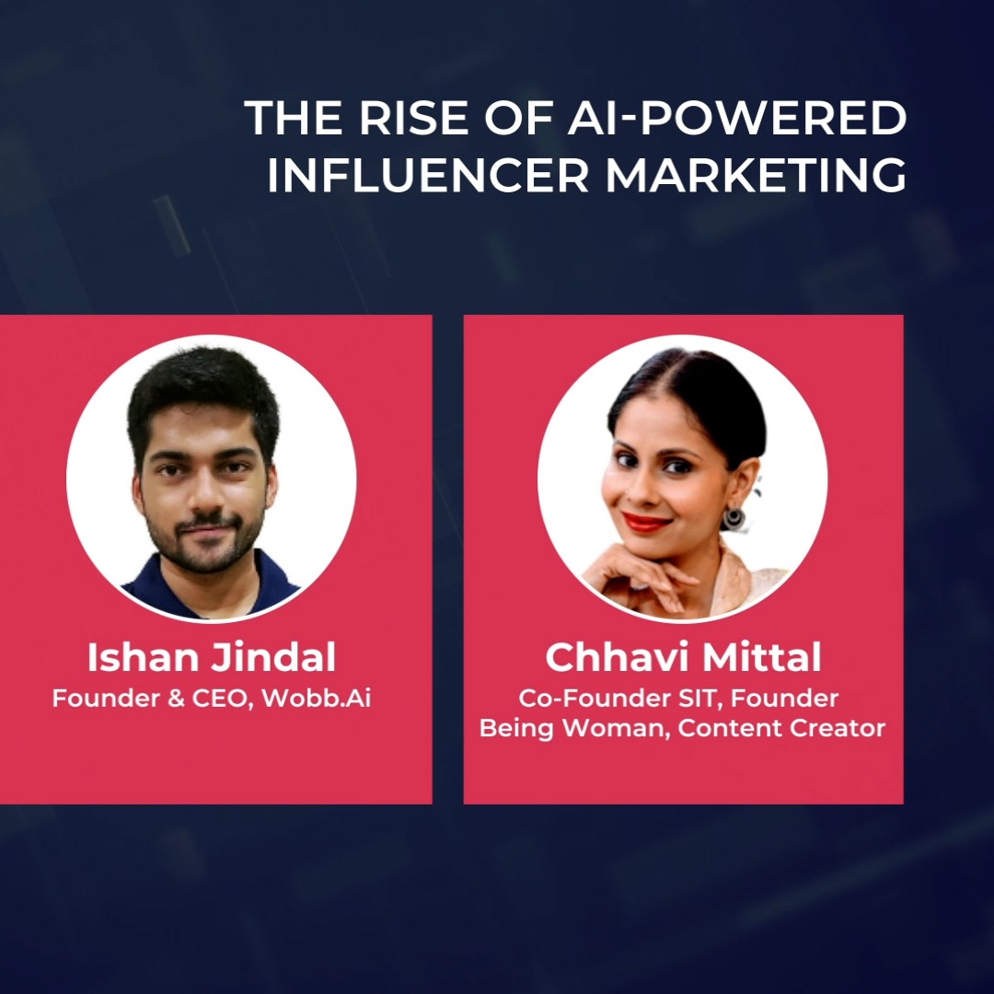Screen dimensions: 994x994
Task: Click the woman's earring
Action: pyautogui.click(x=734, y=517)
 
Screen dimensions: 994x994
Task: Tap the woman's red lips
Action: pyautogui.click(x=647, y=522)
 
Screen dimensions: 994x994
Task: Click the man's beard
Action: pyautogui.click(x=203, y=549)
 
